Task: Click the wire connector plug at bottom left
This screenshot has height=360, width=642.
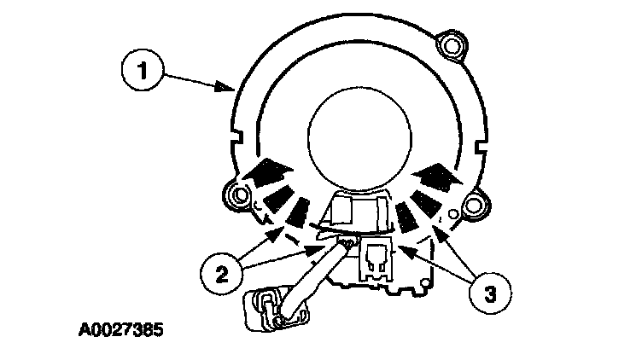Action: tap(268, 309)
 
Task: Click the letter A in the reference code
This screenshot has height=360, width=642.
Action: tap(82, 326)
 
